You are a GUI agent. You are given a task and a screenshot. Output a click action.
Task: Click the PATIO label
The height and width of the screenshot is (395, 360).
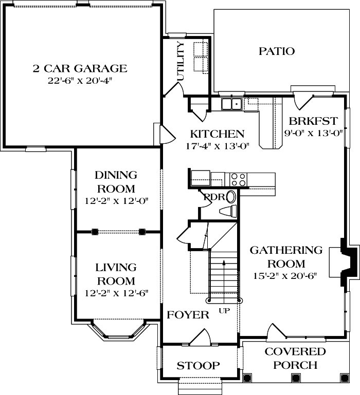tap(276, 51)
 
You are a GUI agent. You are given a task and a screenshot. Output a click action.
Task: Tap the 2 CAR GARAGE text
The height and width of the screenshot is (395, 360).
tap(80, 68)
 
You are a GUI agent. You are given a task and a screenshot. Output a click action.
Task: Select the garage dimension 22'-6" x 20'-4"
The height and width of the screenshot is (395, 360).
tap(80, 81)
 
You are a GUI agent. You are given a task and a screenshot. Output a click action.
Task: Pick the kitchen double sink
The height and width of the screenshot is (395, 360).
tap(232, 105)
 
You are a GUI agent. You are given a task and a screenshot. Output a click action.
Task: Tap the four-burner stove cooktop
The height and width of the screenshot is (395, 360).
tap(237, 179)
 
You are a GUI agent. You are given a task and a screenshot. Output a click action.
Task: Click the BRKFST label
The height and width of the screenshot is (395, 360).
tap(313, 122)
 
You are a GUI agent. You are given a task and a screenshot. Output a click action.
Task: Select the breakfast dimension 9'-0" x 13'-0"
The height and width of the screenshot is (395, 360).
tap(313, 133)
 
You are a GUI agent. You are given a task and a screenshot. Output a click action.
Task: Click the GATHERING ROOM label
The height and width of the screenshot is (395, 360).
tap(286, 257)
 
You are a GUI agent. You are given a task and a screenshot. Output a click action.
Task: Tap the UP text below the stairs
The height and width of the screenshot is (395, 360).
tap(224, 311)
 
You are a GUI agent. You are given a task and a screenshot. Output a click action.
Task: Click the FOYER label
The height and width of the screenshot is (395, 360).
tap(188, 315)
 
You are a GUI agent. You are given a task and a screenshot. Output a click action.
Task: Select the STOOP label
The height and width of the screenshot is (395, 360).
tap(199, 366)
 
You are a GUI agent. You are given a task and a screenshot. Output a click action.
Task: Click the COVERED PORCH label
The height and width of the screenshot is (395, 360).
tap(295, 359)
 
